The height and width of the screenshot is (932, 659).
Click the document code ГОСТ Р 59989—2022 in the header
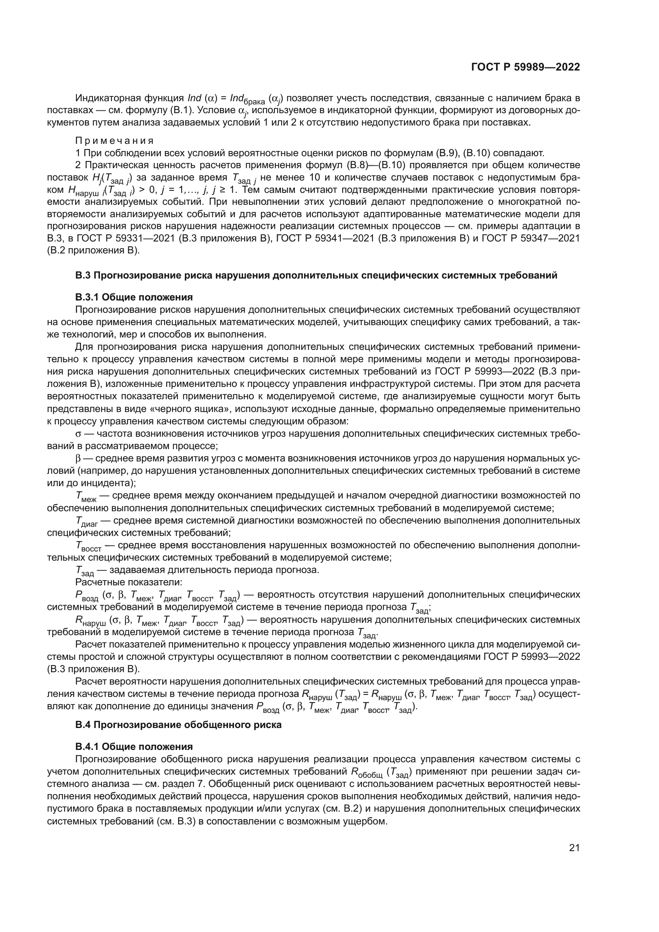pyautogui.click(x=526, y=67)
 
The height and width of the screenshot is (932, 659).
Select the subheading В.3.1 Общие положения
pyautogui.click(x=134, y=297)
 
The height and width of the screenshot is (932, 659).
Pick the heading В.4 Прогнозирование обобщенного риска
pyautogui.click(x=178, y=736)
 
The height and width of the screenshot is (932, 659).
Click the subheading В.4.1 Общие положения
pyautogui.click(x=134, y=758)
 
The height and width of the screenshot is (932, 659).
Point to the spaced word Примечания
pyautogui.click(x=114, y=141)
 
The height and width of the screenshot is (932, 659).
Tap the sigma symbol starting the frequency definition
pyautogui.click(x=78, y=434)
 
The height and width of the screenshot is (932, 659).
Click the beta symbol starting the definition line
pyautogui.click(x=78, y=459)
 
